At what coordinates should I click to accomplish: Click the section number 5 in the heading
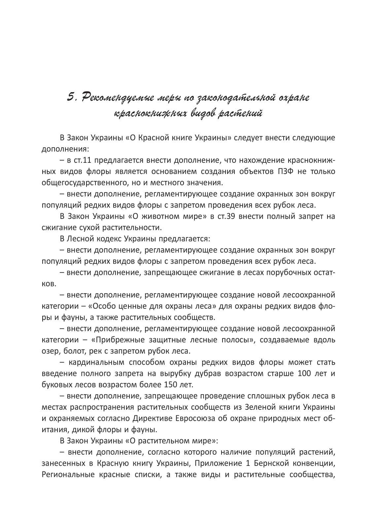pos(71,97)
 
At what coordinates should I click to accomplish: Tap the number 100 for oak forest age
pos(304,373)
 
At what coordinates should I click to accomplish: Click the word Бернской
pos(269,463)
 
